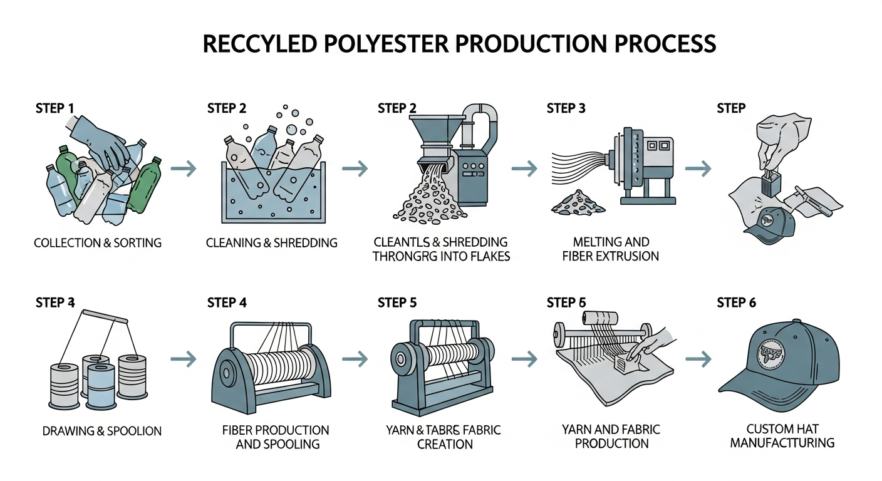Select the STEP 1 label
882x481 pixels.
pos(54,108)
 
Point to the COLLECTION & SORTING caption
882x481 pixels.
pos(97,242)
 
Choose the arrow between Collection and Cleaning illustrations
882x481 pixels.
pos(184,168)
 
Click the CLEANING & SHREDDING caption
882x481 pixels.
pos(271,242)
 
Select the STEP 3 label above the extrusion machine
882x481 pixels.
pos(566,108)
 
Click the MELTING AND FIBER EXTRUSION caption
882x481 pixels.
pos(611,249)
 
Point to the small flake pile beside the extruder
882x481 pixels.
pos(577,202)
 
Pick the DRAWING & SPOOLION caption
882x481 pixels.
pos(101,431)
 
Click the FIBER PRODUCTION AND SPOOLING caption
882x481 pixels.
pos(276,437)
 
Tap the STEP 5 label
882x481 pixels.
pos(397,303)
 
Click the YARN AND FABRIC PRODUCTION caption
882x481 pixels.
pos(611,437)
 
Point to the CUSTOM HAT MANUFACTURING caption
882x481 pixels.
pos(782,436)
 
